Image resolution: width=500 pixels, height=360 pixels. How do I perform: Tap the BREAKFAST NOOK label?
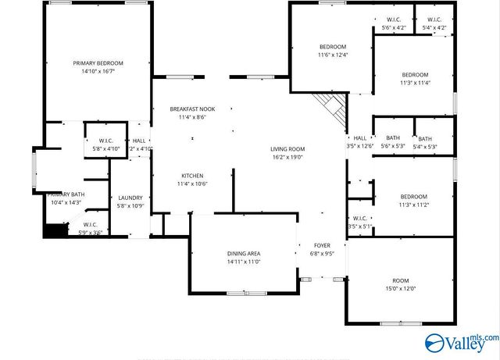pos(192,109)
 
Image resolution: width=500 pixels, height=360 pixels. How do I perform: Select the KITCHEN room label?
pos(192,176)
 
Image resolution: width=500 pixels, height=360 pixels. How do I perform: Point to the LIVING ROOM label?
pos(287,149)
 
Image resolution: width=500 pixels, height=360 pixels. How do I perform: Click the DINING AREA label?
pos(244,254)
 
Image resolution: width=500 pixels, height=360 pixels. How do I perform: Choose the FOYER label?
pos(323,245)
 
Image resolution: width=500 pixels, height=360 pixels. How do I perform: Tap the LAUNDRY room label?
pos(130,198)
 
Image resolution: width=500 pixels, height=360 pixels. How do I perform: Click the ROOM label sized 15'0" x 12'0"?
pos(401,280)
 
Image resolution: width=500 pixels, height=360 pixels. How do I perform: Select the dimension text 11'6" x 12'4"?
pos(333,55)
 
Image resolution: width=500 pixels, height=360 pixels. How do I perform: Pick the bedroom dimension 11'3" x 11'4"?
pos(415,83)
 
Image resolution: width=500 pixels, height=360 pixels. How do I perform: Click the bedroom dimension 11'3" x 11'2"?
pos(414,205)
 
